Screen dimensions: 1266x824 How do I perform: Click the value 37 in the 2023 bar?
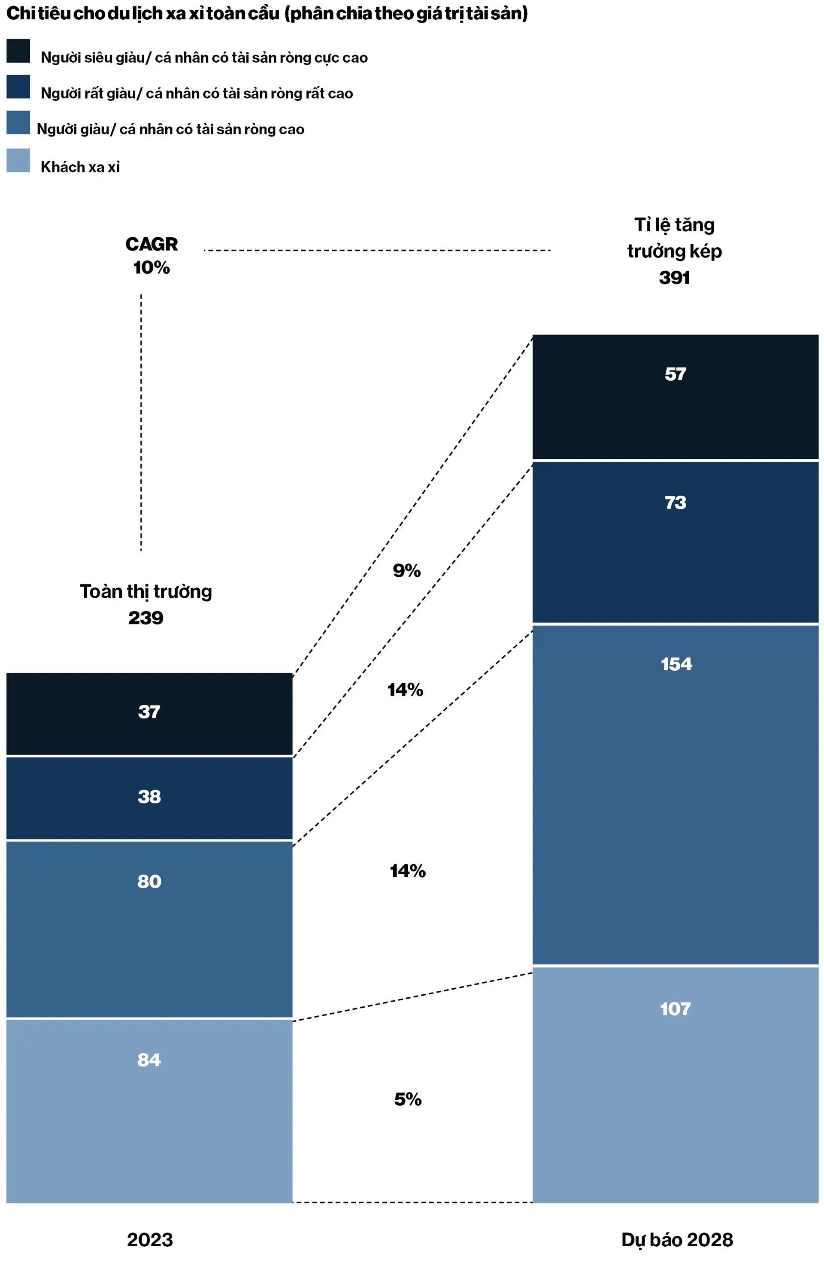coord(149,712)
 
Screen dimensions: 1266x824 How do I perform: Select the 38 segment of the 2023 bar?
coord(149,797)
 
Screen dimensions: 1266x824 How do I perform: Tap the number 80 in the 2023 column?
coord(149,881)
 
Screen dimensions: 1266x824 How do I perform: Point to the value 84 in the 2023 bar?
coord(149,1060)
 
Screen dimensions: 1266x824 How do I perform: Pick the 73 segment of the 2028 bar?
coord(675,502)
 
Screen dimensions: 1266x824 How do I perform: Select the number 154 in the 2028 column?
coord(676,664)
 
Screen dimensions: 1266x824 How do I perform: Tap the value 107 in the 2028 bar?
coord(675,1009)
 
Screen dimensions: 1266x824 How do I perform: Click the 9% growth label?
coord(406,571)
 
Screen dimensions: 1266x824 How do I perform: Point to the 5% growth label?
coord(407,1099)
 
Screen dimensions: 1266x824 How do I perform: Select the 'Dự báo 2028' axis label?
coord(677,1240)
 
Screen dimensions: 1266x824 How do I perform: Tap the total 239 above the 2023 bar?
coord(146,618)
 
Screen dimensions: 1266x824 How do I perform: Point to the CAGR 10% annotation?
coord(151,255)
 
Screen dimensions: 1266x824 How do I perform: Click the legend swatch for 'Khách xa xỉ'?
coord(18,160)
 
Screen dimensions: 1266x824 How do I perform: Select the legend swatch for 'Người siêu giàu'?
coord(18,51)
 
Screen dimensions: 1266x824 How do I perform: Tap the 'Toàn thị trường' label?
coord(146,591)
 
